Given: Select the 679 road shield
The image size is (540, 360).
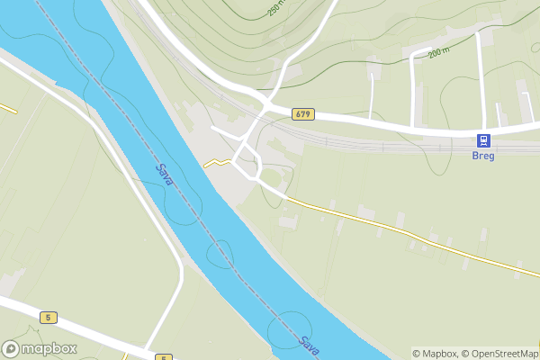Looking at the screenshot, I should click(303, 114).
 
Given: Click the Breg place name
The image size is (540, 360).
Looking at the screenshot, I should click(483, 155).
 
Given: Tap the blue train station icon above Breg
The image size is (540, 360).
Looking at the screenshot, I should click(483, 140).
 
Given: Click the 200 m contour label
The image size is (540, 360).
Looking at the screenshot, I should click(438, 53).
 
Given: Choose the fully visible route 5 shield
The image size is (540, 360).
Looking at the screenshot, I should click(48, 317).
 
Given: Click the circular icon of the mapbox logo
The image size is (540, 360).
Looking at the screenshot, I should click(12, 348).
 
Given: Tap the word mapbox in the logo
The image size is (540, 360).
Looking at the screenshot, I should click(49, 348).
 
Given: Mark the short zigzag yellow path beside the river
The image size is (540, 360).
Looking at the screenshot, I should click(214, 163).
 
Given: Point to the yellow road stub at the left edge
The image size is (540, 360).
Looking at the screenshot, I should click(8, 108).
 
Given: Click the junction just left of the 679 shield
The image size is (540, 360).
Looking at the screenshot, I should click(267, 107).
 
